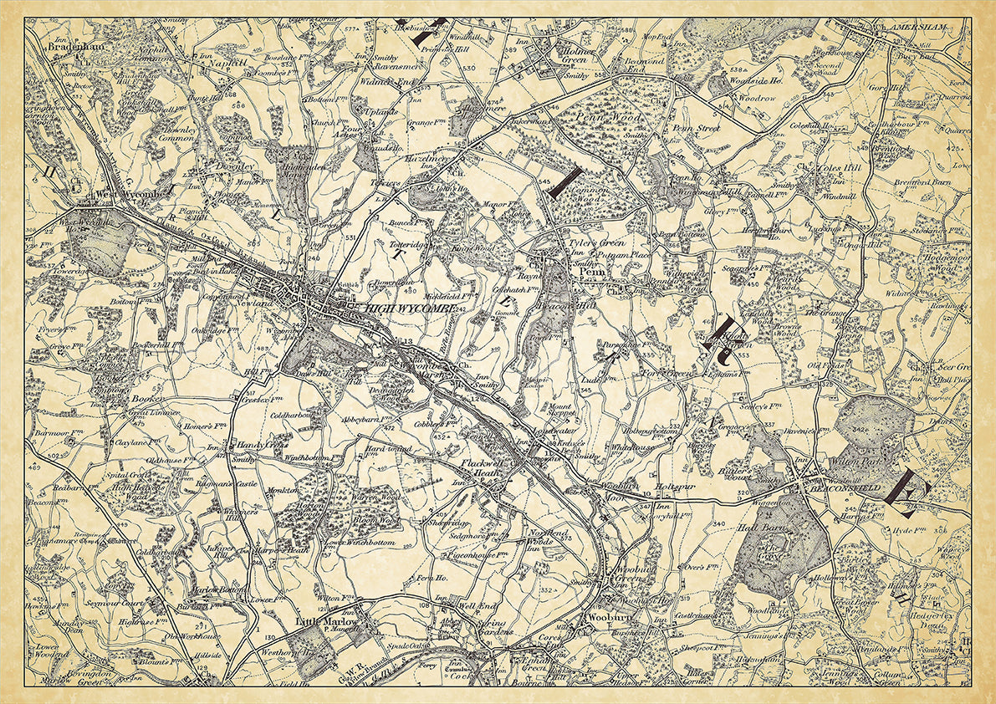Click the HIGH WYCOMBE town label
[410, 308]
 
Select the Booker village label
[146, 400]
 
